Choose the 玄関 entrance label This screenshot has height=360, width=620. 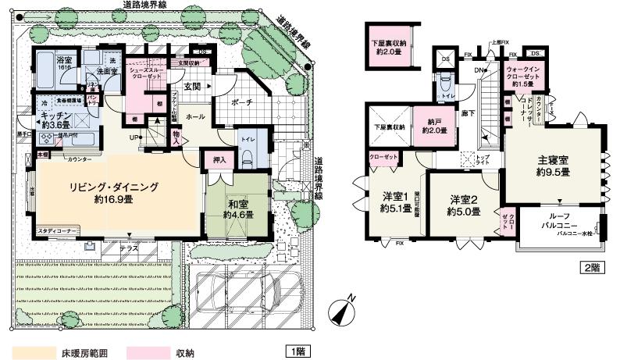[x=192, y=85]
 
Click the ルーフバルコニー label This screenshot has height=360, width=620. [x=556, y=222]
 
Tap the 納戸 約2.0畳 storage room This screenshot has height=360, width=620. [x=430, y=126]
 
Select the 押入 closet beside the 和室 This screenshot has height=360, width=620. [x=219, y=161]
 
